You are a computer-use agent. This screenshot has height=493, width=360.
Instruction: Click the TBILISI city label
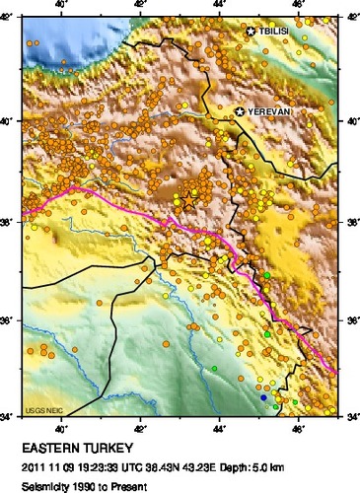coord(275,33)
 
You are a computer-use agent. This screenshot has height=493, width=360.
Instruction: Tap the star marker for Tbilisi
coord(252,33)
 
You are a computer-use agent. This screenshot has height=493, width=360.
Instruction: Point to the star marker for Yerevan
coord(240,113)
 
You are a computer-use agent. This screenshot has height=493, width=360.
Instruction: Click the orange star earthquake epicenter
coord(188,199)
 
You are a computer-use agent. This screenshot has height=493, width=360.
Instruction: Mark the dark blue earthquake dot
coord(263,397)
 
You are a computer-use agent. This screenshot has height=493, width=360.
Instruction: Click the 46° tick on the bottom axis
coord(300,427)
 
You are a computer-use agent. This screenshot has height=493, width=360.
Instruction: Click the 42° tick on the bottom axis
coord(141,427)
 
